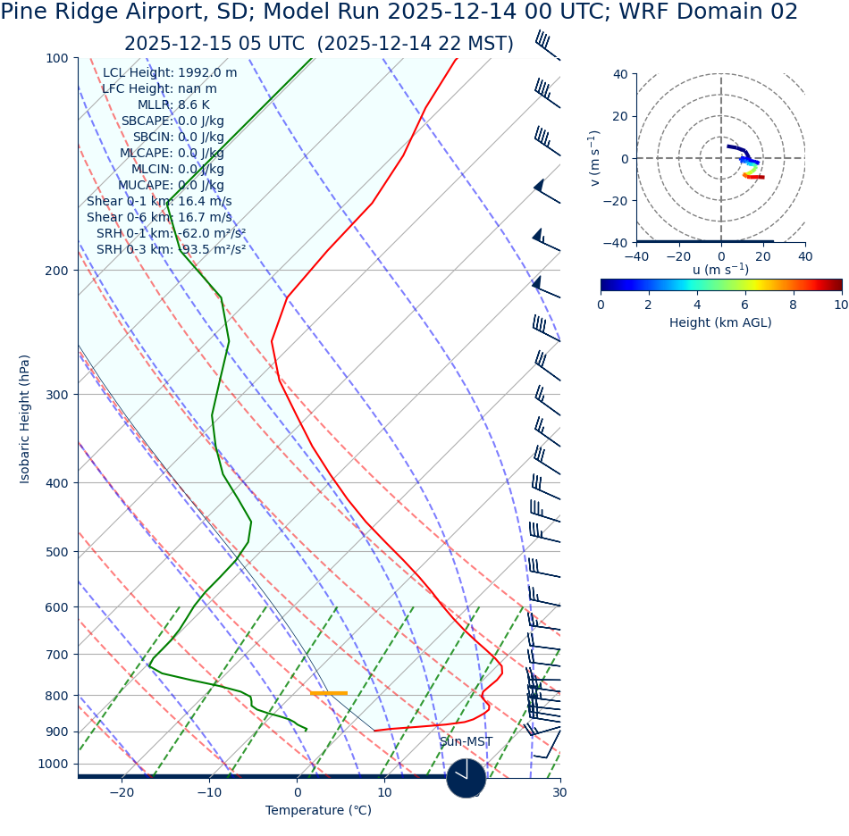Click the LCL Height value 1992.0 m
coord(207,72)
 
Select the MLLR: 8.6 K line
coord(173,104)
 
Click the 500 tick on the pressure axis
coord(56,552)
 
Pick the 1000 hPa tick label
coord(53,764)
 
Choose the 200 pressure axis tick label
coord(56,271)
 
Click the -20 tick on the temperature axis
coord(122,792)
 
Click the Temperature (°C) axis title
coord(318,810)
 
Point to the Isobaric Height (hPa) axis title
coord(25,419)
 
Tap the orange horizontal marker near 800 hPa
coord(329,693)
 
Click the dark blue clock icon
coord(466,778)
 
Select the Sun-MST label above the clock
coord(466,741)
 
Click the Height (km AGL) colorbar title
coord(720,322)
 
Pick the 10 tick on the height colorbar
coord(840,305)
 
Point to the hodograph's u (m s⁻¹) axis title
coord(720,270)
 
